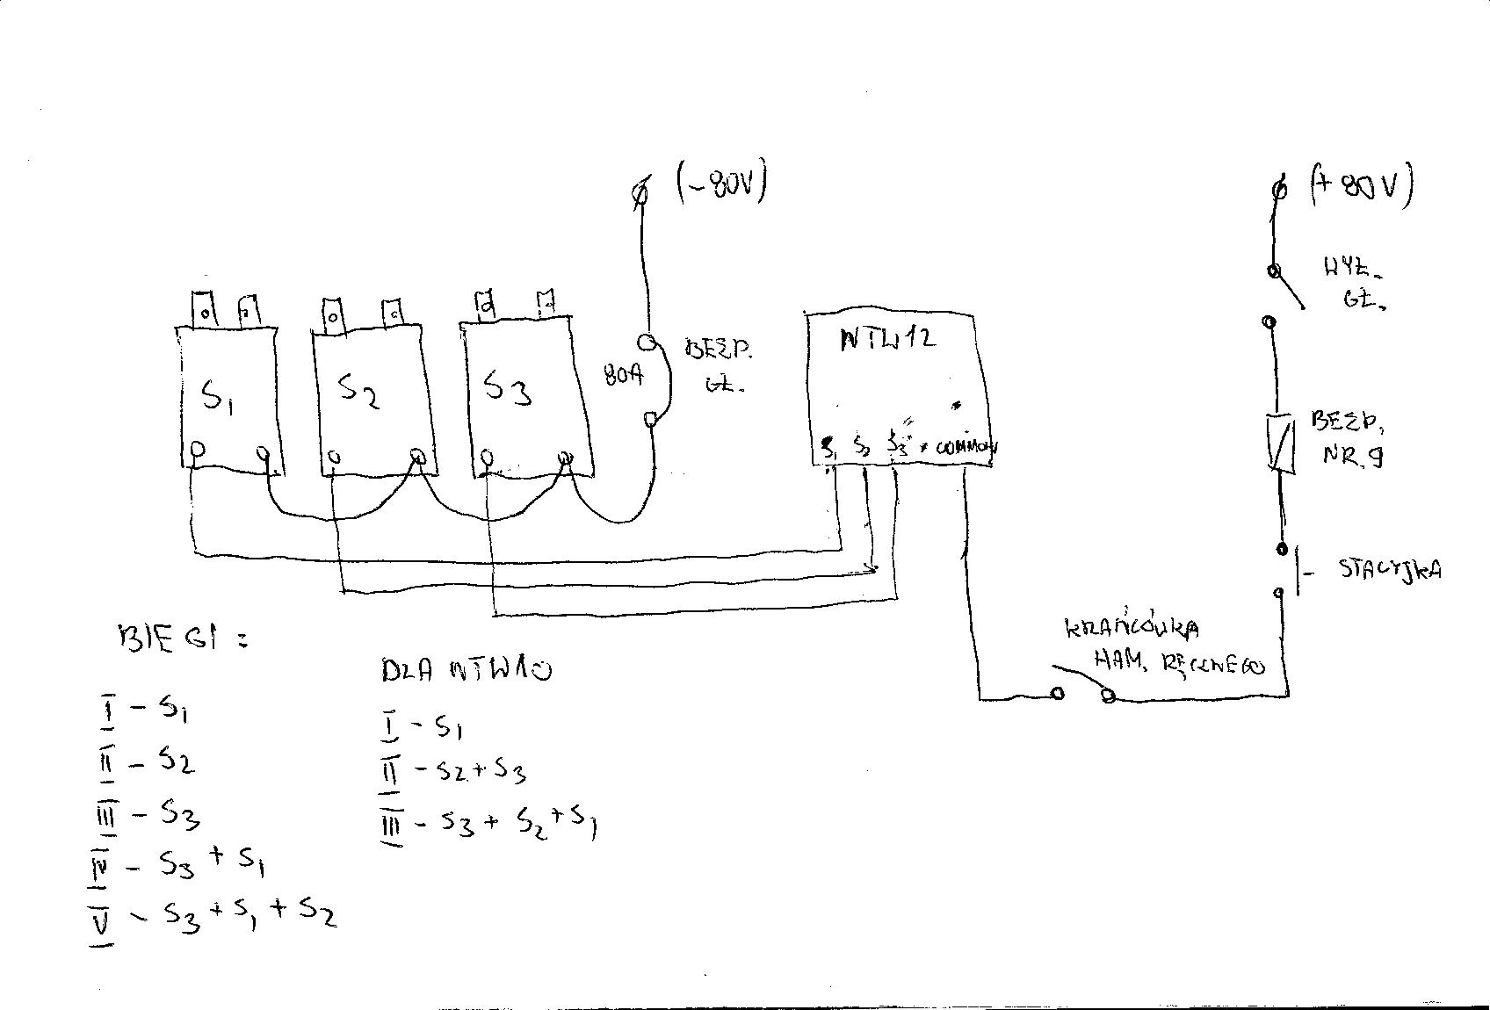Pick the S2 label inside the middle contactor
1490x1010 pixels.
point(358,391)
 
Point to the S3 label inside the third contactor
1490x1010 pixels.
point(508,386)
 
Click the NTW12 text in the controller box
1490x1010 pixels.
point(887,337)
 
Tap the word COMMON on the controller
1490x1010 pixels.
point(966,447)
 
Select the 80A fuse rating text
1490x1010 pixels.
point(624,376)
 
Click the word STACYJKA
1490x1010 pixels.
point(1390,569)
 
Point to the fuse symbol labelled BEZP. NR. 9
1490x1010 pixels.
point(1281,444)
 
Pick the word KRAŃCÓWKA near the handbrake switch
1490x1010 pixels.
point(1132,628)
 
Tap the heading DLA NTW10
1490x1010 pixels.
point(467,671)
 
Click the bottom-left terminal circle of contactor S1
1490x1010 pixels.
point(198,451)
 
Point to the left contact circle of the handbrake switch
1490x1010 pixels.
point(1058,694)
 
